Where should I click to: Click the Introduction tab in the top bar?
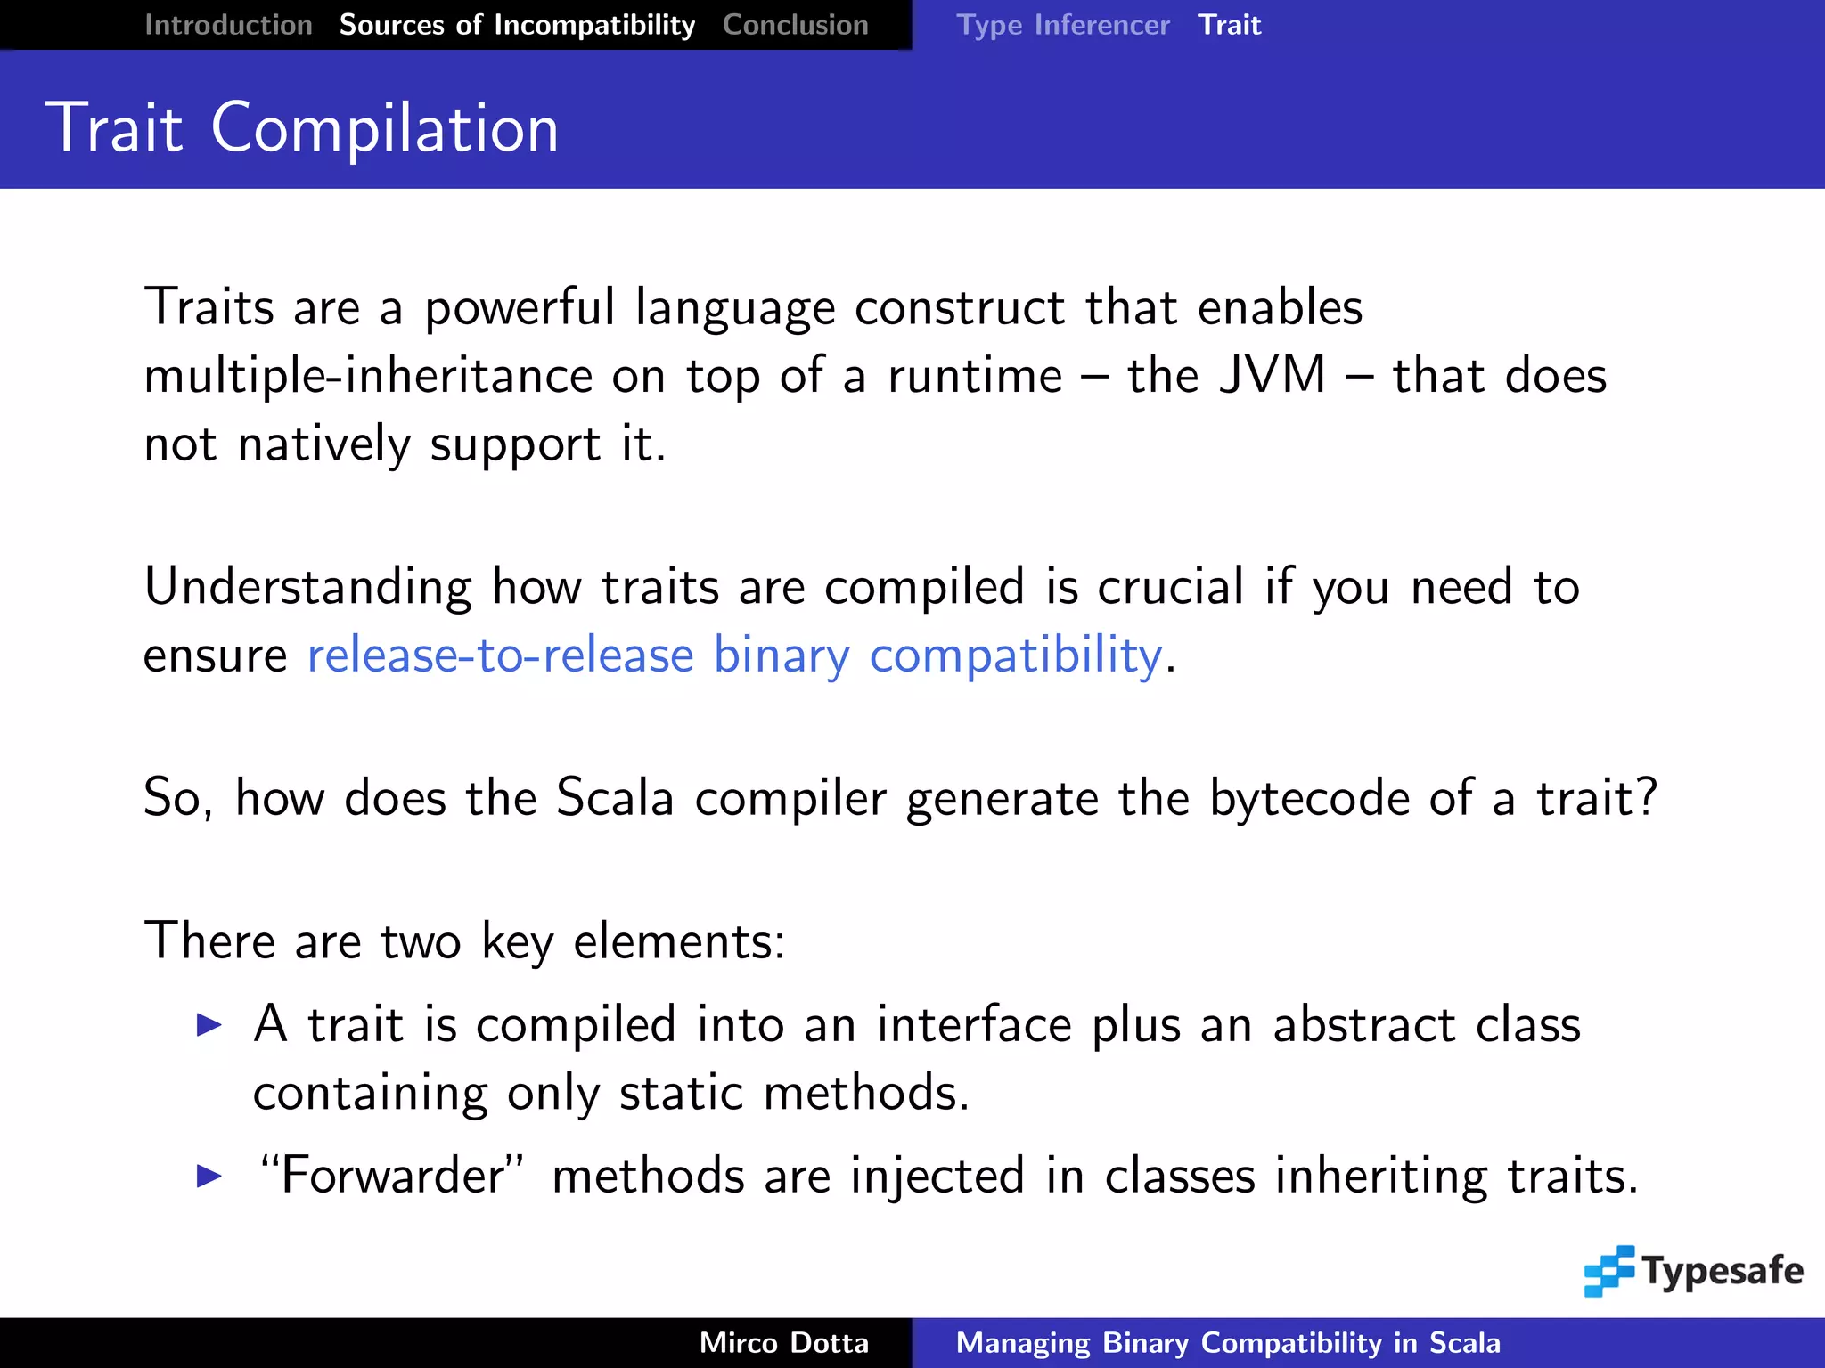[x=228, y=25]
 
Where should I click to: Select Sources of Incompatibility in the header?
[x=517, y=25]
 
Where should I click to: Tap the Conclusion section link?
[x=795, y=25]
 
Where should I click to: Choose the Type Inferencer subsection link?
[x=1062, y=25]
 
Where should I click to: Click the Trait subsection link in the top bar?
[x=1229, y=25]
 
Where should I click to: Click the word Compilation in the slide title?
[x=384, y=128]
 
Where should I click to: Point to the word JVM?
[x=1272, y=375]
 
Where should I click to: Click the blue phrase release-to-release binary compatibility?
[x=734, y=656]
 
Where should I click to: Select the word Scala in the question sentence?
[x=614, y=797]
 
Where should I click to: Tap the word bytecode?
[x=1308, y=797]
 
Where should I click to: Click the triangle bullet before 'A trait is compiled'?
[x=209, y=1025]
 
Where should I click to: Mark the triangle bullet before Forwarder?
[x=209, y=1177]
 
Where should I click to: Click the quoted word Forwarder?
[x=392, y=1176]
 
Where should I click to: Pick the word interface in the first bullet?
[x=974, y=1025]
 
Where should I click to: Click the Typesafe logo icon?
[x=1608, y=1271]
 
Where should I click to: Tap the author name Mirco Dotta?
[x=783, y=1343]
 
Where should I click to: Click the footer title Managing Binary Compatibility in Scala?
[x=1228, y=1343]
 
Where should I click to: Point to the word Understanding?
[x=307, y=588]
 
